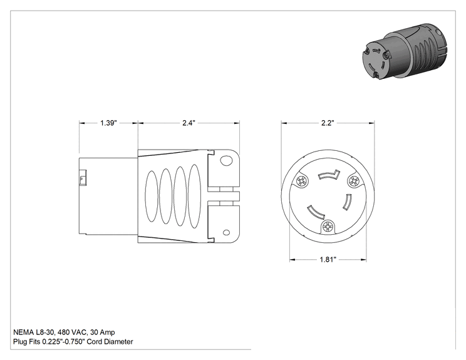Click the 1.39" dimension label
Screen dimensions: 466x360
click(x=108, y=123)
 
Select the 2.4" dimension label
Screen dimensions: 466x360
click(x=189, y=123)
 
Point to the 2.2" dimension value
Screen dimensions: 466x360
click(x=328, y=123)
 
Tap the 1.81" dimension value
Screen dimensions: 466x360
click(x=328, y=260)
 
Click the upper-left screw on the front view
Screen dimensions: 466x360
click(x=303, y=181)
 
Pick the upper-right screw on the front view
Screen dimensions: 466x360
click(x=354, y=180)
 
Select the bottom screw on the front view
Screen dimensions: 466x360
click(x=328, y=227)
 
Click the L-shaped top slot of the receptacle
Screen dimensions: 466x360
click(x=329, y=175)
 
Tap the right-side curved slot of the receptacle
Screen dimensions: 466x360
click(x=347, y=202)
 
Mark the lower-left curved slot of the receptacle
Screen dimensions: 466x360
click(x=316, y=213)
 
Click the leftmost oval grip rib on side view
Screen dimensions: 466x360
click(x=152, y=197)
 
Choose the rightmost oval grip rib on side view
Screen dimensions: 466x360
click(x=194, y=197)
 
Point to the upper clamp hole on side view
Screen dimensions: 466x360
click(x=226, y=161)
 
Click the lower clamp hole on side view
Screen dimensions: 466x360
click(x=226, y=232)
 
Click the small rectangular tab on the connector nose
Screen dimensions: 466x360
click(x=82, y=178)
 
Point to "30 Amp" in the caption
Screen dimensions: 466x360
click(x=102, y=332)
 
